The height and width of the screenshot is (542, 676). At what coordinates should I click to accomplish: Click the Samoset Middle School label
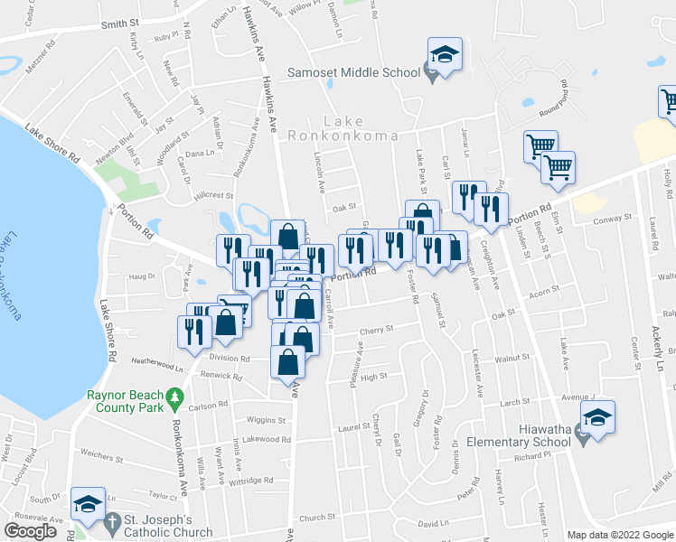[353, 72]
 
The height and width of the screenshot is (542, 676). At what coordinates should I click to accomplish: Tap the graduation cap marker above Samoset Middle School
[445, 55]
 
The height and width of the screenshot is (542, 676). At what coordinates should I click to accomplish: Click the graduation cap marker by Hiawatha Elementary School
[597, 418]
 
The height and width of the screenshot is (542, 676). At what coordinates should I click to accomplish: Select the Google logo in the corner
[30, 531]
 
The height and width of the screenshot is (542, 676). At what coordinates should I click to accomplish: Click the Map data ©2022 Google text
[620, 535]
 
